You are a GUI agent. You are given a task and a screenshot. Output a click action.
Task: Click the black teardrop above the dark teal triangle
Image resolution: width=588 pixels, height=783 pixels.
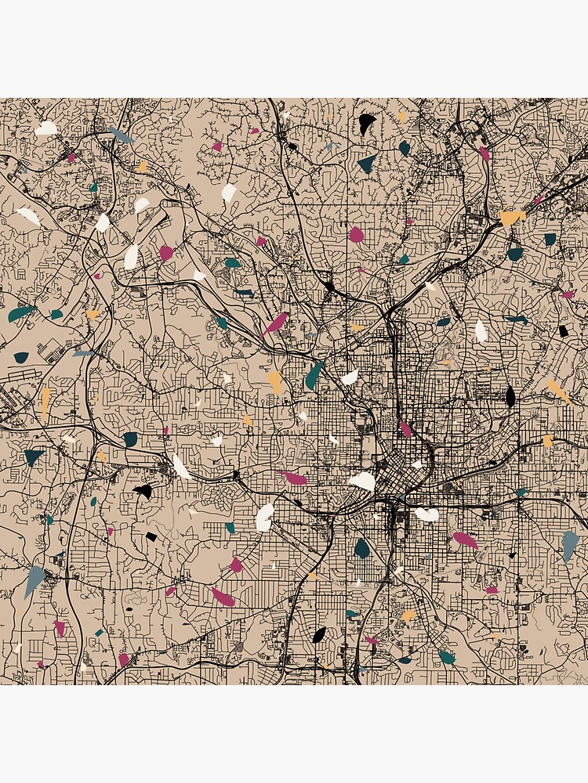click(x=366, y=123)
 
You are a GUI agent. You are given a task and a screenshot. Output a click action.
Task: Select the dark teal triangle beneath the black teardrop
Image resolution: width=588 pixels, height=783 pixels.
click(x=367, y=164)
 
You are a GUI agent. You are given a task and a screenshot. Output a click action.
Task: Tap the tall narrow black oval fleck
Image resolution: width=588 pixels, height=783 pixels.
click(x=510, y=397)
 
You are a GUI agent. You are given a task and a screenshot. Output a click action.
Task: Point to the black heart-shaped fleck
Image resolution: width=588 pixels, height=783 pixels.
click(x=143, y=491)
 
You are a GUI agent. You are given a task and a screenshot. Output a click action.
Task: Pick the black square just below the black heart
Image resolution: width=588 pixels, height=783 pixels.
click(x=151, y=536)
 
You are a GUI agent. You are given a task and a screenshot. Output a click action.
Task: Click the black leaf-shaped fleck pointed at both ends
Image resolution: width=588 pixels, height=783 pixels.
click(x=319, y=634)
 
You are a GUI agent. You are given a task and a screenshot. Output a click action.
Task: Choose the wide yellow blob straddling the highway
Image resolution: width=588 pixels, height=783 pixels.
click(x=512, y=216)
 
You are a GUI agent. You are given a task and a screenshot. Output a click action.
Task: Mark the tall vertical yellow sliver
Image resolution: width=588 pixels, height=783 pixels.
click(x=45, y=402)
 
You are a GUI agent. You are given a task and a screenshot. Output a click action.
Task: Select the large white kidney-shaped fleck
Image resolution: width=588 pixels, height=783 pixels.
click(x=265, y=516)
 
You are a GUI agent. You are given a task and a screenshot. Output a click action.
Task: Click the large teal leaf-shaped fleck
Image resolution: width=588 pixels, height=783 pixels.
click(x=314, y=376)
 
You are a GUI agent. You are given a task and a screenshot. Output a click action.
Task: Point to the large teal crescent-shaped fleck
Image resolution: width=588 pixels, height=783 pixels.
click(x=21, y=313)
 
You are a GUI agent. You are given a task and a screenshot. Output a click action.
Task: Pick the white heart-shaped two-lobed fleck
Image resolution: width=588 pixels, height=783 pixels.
click(x=426, y=514)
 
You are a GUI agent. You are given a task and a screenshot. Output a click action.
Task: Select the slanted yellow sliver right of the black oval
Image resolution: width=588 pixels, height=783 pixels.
click(x=558, y=391)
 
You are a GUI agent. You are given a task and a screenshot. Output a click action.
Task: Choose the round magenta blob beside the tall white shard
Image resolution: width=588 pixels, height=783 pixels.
click(x=165, y=252)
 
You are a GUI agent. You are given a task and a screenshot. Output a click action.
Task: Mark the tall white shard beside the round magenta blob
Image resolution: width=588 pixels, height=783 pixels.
click(x=131, y=256)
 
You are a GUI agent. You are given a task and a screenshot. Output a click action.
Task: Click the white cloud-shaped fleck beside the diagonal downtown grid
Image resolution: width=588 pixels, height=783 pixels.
click(x=363, y=481)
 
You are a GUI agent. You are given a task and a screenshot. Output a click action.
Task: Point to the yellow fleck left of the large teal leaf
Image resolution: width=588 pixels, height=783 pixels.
click(x=274, y=382)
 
